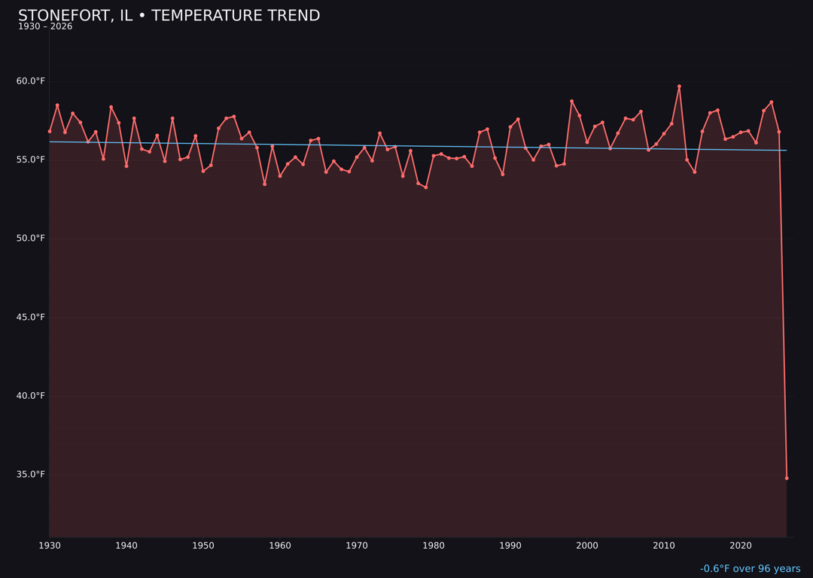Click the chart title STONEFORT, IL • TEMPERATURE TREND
(x=169, y=16)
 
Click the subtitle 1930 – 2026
(x=45, y=27)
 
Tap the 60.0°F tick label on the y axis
(x=31, y=81)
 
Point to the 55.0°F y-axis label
(x=31, y=160)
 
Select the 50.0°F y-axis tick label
(x=31, y=239)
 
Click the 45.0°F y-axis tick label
(x=31, y=317)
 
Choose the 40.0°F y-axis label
(x=31, y=396)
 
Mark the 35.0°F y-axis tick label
(x=31, y=474)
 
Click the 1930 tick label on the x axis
(x=50, y=546)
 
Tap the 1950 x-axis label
(x=203, y=546)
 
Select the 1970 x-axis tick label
(x=357, y=546)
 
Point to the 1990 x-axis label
(x=510, y=546)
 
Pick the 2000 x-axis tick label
(x=587, y=546)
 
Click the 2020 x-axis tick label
(x=741, y=546)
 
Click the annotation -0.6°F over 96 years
(x=750, y=569)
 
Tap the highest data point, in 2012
(x=679, y=87)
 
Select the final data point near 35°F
(x=787, y=478)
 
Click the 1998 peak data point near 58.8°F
(x=571, y=101)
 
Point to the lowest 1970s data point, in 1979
(x=426, y=187)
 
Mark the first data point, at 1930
(x=50, y=131)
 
